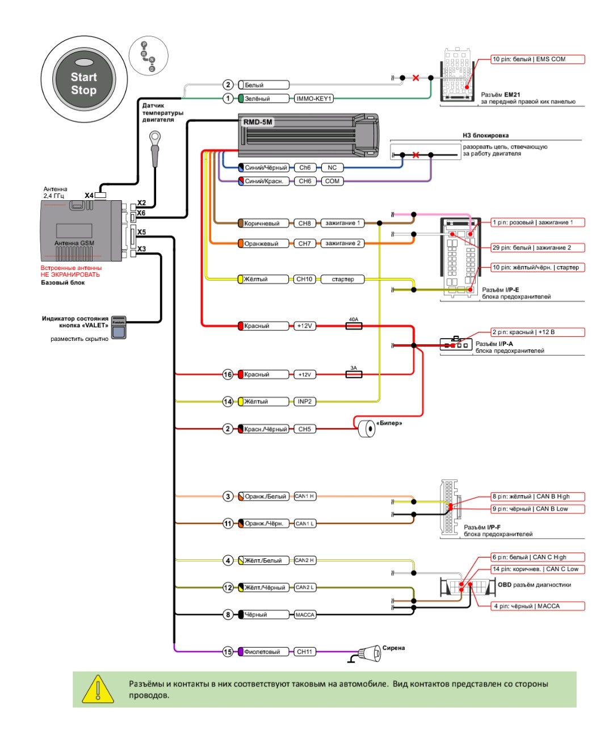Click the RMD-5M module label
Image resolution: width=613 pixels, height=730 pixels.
tap(258, 122)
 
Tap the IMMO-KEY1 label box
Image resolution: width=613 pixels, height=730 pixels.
tap(313, 99)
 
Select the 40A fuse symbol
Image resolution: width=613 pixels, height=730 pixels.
tap(354, 326)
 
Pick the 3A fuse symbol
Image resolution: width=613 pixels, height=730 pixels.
tap(354, 374)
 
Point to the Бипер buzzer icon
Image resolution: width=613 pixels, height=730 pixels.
tap(367, 429)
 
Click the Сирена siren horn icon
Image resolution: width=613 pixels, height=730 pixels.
tap(369, 653)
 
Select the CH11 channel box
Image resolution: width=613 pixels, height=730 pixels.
tap(304, 652)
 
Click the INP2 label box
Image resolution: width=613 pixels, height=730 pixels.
tap(304, 402)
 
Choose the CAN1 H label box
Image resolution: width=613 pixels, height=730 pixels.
tap(305, 496)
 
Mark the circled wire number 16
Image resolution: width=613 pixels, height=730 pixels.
tap(228, 374)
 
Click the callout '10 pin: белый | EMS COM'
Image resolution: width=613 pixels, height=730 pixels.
tap(538, 60)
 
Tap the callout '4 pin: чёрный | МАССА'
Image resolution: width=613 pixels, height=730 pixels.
tap(538, 606)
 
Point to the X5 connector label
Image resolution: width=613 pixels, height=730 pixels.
tap(141, 232)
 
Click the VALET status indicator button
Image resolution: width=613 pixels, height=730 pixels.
tap(119, 327)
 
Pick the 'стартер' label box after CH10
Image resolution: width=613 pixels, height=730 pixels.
tap(342, 279)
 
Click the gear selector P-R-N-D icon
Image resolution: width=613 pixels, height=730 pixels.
tap(148, 55)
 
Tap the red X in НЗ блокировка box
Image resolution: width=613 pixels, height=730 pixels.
tap(415, 154)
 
